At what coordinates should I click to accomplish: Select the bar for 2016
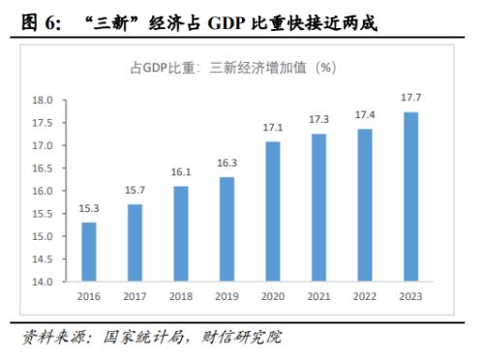[89, 252]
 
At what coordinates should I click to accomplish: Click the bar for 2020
[273, 212]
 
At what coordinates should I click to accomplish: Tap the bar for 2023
[411, 197]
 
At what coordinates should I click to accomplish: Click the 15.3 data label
[89, 209]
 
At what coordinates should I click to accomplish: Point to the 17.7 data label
[411, 100]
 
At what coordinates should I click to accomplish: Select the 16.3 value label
[227, 164]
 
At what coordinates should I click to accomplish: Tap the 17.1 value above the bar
[273, 128]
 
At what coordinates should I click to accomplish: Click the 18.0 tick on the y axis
[42, 101]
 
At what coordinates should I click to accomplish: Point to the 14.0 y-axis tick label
[42, 283]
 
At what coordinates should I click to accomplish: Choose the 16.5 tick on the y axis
[42, 168]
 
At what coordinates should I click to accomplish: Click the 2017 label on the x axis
[136, 297]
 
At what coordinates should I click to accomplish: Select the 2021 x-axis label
[319, 297]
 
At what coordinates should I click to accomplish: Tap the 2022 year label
[365, 297]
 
